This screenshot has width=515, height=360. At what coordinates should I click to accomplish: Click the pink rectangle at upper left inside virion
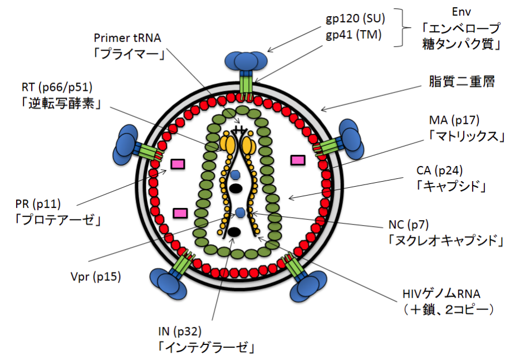[178, 163]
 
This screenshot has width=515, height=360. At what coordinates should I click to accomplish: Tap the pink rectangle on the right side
[298, 160]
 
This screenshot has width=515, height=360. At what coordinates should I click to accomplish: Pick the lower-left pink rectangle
[180, 213]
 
